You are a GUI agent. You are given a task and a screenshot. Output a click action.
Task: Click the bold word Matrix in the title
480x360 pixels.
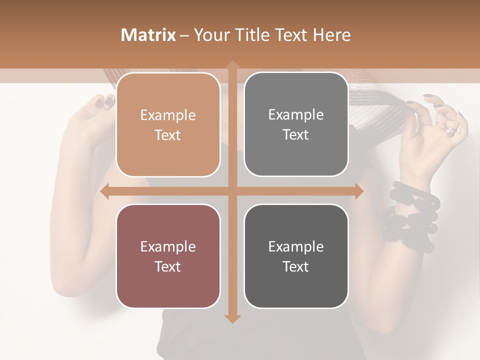tap(148, 35)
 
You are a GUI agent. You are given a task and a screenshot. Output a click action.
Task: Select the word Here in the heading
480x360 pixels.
tap(331, 35)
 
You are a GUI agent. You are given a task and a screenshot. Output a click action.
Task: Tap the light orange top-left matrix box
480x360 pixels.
tap(168, 124)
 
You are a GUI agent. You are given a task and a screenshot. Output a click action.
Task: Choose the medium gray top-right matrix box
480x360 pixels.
tap(296, 124)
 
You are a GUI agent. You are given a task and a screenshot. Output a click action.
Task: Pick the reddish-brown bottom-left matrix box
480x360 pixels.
tap(168, 256)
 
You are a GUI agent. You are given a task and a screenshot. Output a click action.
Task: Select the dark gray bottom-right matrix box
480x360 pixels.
tap(296, 256)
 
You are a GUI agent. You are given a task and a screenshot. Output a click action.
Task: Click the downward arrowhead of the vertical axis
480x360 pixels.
tap(232, 318)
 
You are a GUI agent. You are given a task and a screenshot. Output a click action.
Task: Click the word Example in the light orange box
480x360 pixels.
tap(168, 115)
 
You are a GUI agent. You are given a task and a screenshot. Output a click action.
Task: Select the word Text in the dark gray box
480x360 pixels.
tap(296, 266)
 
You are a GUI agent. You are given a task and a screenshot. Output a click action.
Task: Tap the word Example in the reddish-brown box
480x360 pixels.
tap(168, 247)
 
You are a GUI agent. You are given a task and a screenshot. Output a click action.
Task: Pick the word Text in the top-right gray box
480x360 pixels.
tap(296, 135)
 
